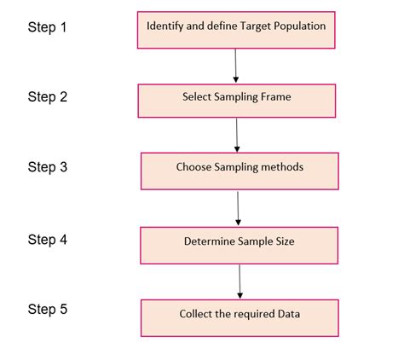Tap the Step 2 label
[x=47, y=97]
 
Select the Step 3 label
[x=47, y=167]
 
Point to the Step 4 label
[x=47, y=239]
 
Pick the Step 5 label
[x=47, y=309]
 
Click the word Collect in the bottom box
[x=196, y=313]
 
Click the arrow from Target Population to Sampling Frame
[x=235, y=65]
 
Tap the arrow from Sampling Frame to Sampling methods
[x=237, y=135]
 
